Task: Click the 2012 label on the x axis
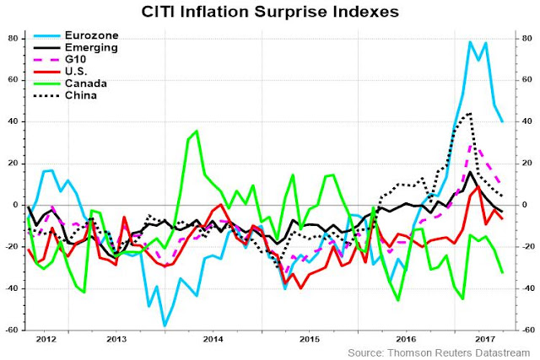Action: point(46,340)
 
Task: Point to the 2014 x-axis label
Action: point(213,340)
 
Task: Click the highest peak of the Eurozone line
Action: point(470,41)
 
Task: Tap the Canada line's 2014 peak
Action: point(196,131)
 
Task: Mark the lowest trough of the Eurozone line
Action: point(164,325)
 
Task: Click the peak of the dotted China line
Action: point(469,113)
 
